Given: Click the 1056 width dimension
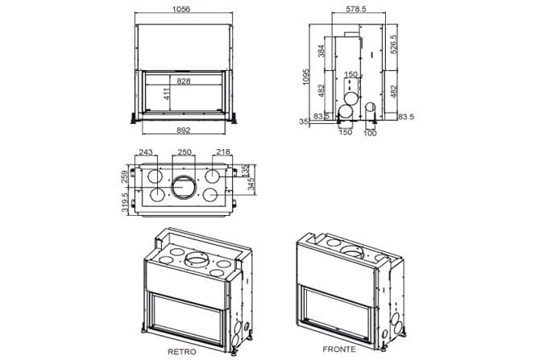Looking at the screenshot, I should [184, 9].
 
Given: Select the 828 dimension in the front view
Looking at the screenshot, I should [184, 82].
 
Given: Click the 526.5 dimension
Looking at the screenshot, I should [394, 43].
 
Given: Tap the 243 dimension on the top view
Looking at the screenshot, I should [146, 152].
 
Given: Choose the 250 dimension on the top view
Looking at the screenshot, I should [184, 152].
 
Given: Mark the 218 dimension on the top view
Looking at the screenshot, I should [222, 152].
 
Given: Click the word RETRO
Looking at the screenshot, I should [181, 352].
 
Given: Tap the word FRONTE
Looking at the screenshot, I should [338, 350].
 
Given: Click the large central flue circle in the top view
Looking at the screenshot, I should [184, 188].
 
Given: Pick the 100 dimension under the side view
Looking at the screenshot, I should [371, 133].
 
